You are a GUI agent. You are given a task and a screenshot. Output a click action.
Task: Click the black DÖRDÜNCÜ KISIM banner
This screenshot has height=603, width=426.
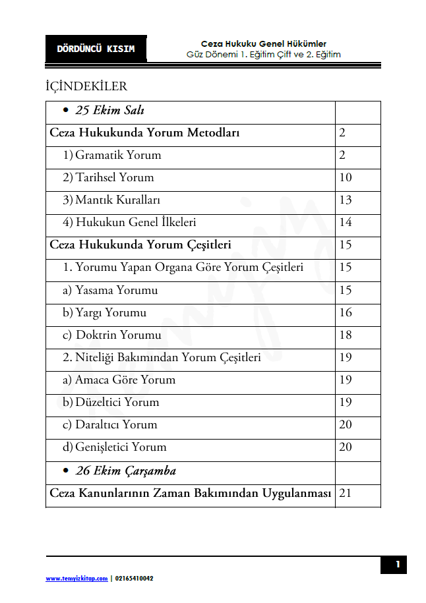(x=96, y=49)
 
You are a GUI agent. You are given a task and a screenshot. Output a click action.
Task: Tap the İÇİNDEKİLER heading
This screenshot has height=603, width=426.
(x=86, y=86)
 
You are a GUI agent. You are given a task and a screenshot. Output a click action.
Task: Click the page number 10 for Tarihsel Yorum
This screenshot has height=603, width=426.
(x=346, y=177)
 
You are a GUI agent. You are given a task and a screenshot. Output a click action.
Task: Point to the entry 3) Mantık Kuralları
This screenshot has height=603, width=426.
(x=111, y=200)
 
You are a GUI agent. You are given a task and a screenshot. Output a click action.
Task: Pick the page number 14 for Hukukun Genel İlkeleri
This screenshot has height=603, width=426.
(x=346, y=222)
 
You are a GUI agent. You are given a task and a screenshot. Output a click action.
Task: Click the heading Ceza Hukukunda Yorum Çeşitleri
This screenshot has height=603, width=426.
(x=140, y=244)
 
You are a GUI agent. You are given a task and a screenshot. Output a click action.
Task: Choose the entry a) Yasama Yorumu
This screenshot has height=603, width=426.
(x=110, y=290)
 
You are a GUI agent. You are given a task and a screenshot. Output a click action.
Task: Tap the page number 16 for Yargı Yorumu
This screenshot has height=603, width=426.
(x=346, y=312)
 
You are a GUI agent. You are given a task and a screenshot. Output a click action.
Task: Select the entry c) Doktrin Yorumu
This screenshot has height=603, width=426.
(x=112, y=335)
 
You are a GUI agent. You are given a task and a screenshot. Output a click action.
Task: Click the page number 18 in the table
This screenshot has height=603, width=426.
(x=346, y=335)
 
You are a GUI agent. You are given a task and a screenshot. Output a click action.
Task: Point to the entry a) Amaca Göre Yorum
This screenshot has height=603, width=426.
(x=119, y=380)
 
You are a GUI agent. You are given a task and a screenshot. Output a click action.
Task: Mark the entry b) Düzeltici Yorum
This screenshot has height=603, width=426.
(x=111, y=402)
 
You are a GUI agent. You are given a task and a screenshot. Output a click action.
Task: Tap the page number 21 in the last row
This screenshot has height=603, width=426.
(x=345, y=493)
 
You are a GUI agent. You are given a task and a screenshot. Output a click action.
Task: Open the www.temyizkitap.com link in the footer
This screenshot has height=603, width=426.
(x=76, y=579)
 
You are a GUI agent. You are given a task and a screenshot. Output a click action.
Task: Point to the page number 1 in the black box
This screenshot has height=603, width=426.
(x=398, y=565)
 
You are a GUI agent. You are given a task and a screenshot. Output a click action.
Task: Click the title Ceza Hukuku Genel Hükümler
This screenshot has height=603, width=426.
(x=264, y=43)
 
